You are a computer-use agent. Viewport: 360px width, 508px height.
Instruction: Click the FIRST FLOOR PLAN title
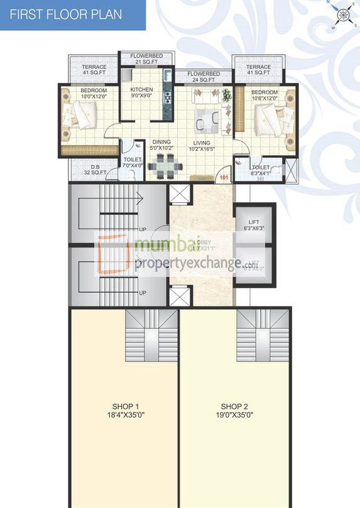point(66,14)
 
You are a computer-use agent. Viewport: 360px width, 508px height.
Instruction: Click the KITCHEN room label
point(141,93)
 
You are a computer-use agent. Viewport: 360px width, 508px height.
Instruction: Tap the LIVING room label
point(201,146)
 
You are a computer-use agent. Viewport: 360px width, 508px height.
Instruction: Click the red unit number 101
point(225,178)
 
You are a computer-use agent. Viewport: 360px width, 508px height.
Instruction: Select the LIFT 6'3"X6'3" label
point(254,225)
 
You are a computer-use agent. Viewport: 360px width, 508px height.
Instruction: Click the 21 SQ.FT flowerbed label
point(146,59)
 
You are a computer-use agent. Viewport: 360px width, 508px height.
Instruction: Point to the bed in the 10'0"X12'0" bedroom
point(79,117)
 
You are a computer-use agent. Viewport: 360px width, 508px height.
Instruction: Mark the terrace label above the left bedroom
point(93,70)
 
